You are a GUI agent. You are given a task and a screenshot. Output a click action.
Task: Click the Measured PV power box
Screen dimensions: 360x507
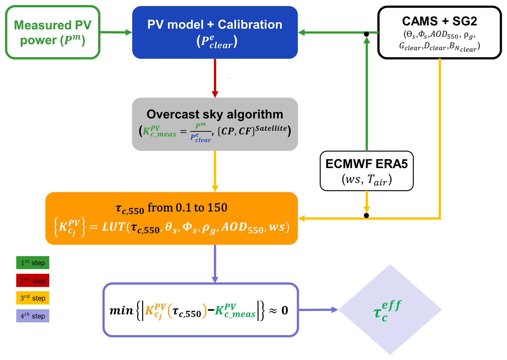52,32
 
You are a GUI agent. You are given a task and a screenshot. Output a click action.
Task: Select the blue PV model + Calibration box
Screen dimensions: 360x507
215,32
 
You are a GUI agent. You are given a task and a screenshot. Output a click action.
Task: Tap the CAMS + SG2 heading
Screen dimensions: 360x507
439,21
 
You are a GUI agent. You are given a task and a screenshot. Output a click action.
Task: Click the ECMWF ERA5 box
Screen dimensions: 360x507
366,171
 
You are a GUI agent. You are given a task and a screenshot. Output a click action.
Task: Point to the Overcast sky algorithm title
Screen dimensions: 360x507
215,114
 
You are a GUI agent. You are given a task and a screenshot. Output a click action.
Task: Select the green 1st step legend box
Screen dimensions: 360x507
33,263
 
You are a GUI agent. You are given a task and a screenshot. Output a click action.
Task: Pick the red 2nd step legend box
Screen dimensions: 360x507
33,281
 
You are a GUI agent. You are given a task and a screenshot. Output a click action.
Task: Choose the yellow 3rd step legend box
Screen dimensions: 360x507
33,298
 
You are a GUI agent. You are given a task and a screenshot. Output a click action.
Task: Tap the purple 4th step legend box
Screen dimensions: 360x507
33,316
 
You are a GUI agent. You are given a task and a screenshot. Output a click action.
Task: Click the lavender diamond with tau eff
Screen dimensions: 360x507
390,310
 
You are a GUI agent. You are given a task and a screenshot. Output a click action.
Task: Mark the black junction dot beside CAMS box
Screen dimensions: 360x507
366,34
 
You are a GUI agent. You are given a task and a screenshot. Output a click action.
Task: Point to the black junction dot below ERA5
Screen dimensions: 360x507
366,216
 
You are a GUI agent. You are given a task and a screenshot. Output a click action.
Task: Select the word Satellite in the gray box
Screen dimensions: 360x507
271,128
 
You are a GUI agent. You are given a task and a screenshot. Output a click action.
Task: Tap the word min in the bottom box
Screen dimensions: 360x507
121,310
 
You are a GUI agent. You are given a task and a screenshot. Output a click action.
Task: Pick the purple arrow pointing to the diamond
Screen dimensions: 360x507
318,310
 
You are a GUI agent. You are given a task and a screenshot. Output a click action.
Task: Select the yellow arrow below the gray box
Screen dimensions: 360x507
215,171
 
